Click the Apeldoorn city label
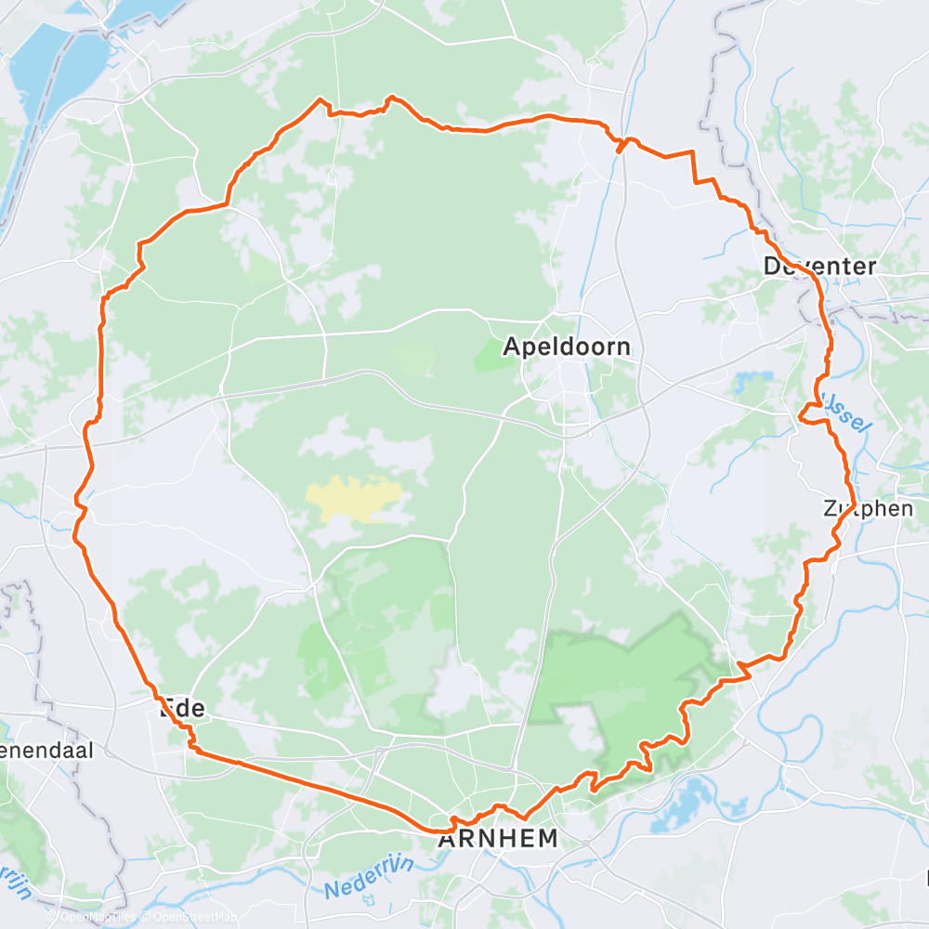567,347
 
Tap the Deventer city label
819,267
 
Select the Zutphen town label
868,509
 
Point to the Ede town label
182,710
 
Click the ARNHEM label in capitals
499,839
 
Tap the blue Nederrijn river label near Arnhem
369,876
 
